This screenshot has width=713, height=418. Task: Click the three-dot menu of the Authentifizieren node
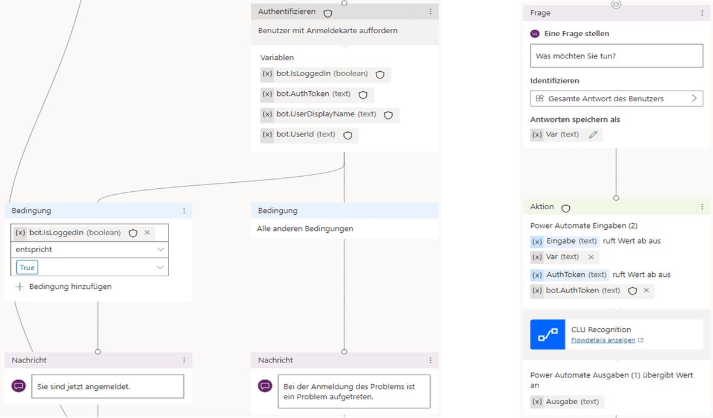click(x=430, y=12)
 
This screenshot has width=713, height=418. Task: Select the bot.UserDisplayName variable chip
click(x=330, y=115)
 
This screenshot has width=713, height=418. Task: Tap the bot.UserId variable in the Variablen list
click(x=309, y=135)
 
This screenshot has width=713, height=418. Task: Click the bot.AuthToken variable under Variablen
click(x=317, y=95)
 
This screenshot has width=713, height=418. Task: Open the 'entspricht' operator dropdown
click(x=89, y=249)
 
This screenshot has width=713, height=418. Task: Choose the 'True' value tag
click(x=27, y=267)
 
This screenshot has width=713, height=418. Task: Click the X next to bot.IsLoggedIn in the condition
click(x=147, y=232)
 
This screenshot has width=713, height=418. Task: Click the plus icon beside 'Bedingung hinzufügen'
click(x=19, y=287)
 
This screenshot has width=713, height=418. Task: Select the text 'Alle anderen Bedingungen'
click(x=305, y=229)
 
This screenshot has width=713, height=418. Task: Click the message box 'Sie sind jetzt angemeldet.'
click(x=108, y=387)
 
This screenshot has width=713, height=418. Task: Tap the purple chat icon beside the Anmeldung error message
click(x=265, y=386)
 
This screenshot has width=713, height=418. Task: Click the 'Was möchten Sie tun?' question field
click(x=616, y=56)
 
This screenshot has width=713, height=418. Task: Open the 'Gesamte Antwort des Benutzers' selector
click(x=616, y=98)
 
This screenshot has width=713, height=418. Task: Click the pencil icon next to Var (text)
click(x=593, y=135)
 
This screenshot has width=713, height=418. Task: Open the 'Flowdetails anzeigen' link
click(x=603, y=340)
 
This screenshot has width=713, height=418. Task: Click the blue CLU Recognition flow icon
click(x=547, y=335)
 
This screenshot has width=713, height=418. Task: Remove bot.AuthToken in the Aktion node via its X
click(x=646, y=290)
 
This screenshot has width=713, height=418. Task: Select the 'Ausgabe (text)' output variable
click(x=567, y=402)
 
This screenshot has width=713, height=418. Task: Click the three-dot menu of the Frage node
click(x=702, y=13)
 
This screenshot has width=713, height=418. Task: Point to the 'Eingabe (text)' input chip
click(x=565, y=241)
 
